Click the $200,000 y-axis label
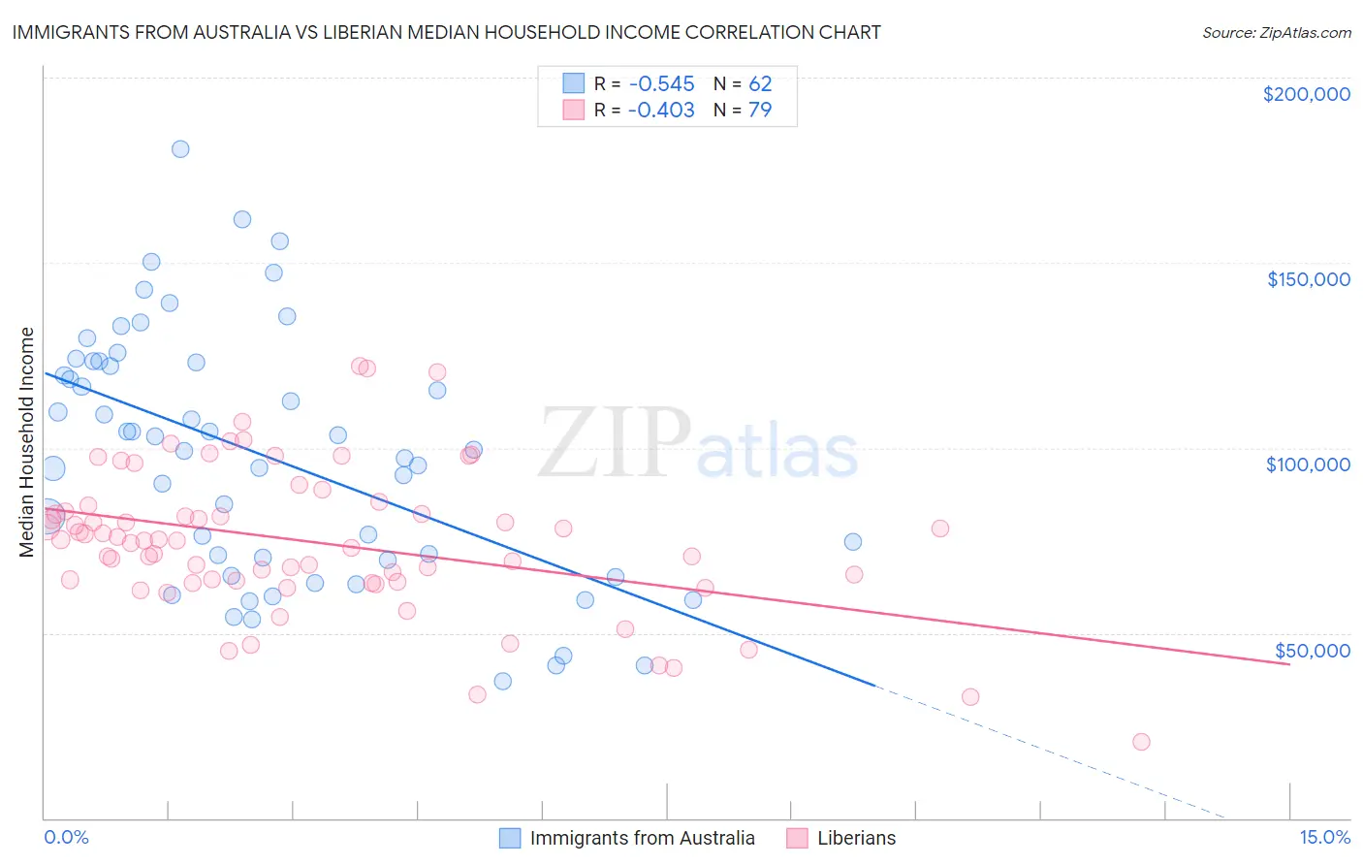(1306, 94)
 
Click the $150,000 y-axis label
(1308, 279)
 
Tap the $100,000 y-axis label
(1308, 465)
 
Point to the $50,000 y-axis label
(1312, 650)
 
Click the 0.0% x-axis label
(66, 838)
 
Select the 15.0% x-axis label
(1324, 838)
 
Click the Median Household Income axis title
(27, 442)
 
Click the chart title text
(446, 32)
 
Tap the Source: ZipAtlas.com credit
(1276, 33)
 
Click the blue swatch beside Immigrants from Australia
(510, 838)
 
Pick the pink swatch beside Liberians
(797, 838)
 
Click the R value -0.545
(661, 84)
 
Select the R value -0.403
(661, 111)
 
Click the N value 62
(760, 84)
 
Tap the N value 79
(760, 111)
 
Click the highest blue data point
(180, 149)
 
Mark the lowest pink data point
(1141, 742)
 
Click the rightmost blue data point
(853, 542)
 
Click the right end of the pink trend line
(1289, 664)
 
